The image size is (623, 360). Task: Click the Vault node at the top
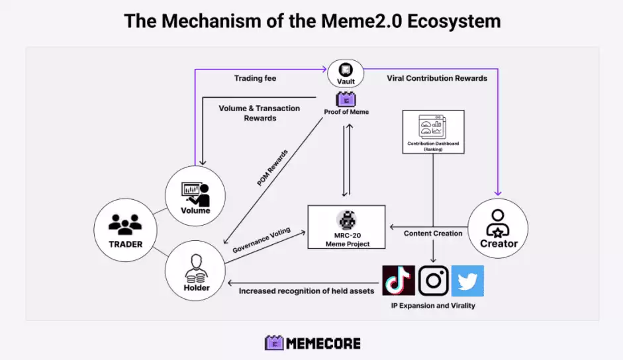(x=346, y=73)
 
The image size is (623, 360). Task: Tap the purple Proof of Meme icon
(x=346, y=99)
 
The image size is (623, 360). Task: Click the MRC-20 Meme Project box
(x=346, y=226)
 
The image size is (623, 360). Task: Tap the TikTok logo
(x=399, y=281)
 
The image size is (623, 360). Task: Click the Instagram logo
(x=434, y=281)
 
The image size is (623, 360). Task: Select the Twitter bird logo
(x=467, y=281)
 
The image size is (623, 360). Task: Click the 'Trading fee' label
(x=255, y=78)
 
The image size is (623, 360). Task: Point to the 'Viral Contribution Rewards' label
(x=437, y=78)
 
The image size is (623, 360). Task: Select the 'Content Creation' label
(x=434, y=233)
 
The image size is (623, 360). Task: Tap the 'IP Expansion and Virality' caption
(x=433, y=306)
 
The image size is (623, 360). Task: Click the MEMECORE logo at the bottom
(x=312, y=343)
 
